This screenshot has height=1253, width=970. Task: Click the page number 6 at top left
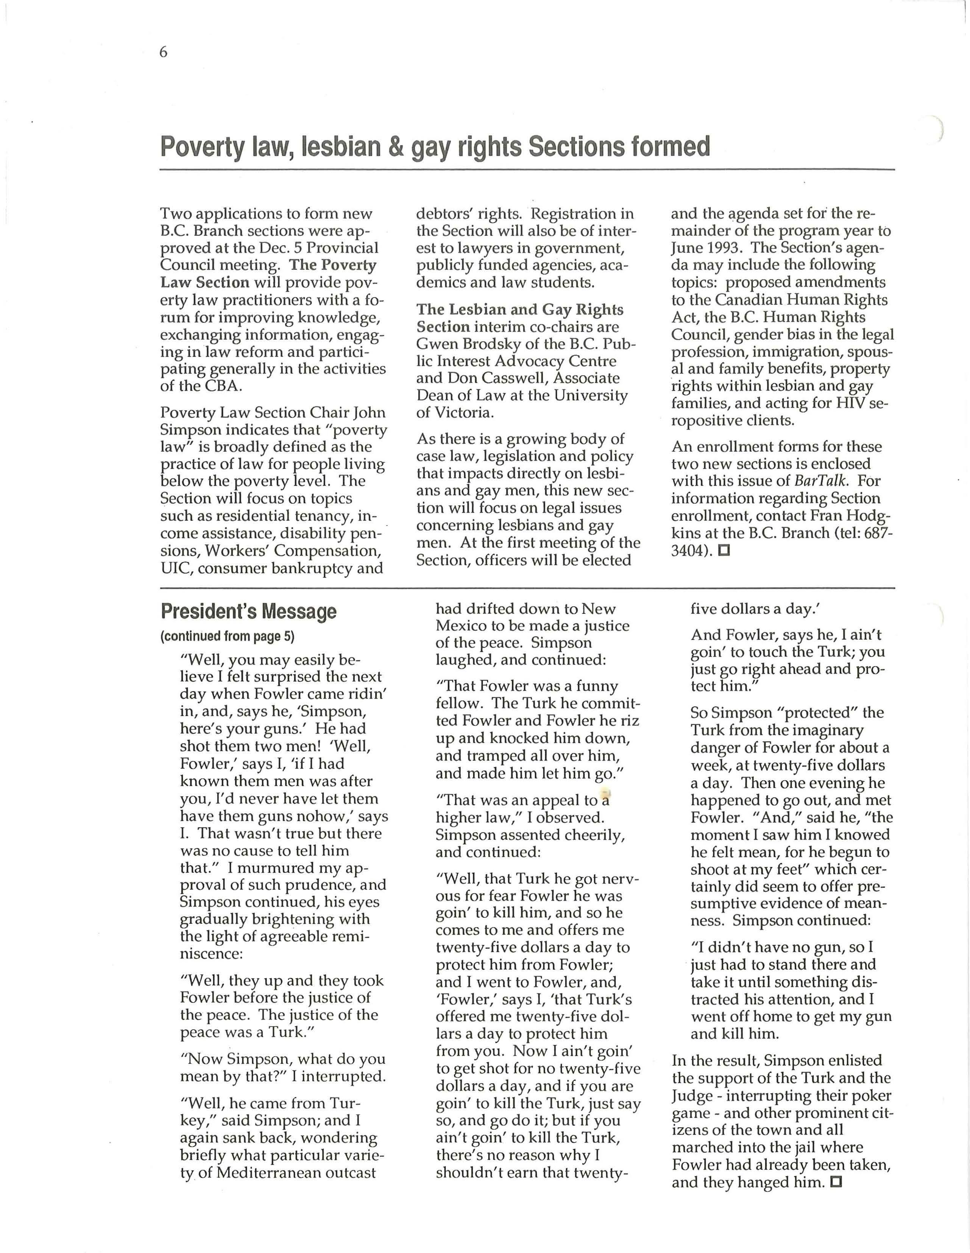pos(164,53)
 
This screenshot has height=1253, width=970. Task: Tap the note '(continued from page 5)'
pos(227,636)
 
